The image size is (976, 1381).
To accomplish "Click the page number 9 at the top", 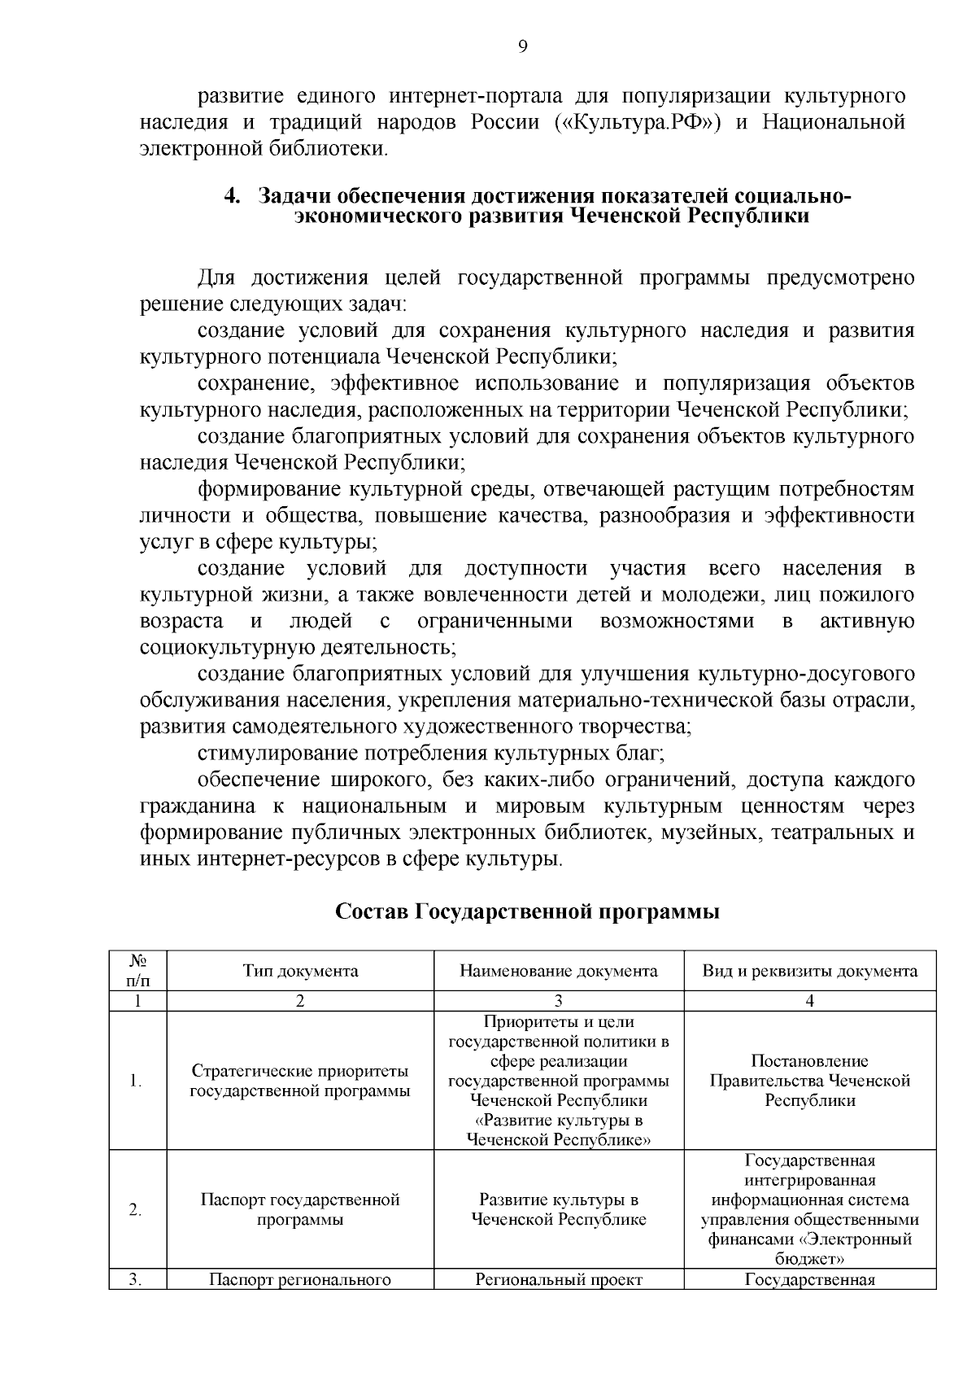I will click(x=523, y=46).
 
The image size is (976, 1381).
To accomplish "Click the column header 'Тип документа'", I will click(x=300, y=971).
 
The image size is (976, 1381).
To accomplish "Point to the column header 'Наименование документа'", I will click(x=559, y=971).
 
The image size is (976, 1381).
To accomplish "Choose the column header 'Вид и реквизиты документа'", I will click(x=810, y=971).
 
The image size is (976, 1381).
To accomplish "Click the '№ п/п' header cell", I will click(x=137, y=970).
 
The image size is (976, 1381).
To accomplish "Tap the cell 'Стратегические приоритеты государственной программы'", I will click(x=300, y=1081).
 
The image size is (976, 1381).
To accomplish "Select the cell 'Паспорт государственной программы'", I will click(x=300, y=1209).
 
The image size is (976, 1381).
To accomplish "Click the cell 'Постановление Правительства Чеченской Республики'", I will click(x=810, y=1081).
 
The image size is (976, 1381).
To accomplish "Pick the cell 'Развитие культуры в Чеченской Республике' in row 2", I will click(x=559, y=1209).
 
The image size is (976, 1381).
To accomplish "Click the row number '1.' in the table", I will click(x=137, y=1082).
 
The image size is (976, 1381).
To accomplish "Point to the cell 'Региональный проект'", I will click(x=559, y=1280).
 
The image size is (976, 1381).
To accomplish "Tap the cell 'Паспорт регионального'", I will click(x=300, y=1280).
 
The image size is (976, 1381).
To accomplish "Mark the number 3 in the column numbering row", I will click(x=559, y=1001).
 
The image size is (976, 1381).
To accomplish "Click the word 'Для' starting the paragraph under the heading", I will click(x=216, y=278).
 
